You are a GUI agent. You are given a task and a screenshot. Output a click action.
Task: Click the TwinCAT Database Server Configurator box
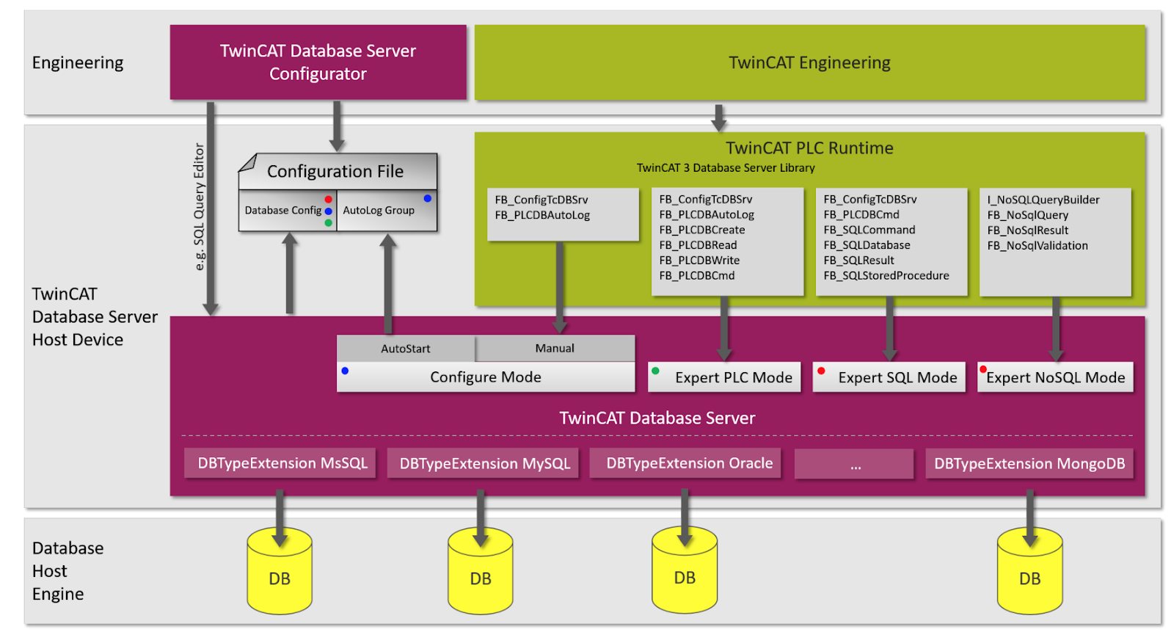[x=318, y=62]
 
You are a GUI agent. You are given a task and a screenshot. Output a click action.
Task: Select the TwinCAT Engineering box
[x=810, y=62]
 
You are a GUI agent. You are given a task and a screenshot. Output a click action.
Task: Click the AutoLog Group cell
[x=387, y=211]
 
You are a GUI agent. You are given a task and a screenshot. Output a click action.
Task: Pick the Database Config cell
[x=287, y=211]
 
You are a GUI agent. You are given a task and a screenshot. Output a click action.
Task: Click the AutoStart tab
[x=406, y=348]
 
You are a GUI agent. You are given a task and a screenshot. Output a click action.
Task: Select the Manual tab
[x=555, y=348]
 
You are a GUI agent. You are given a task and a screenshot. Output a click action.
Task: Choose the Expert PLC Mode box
[x=724, y=377]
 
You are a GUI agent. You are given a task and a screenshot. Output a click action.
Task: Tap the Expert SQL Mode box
[x=889, y=377]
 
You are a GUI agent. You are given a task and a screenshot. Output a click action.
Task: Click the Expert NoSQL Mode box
[x=1055, y=377]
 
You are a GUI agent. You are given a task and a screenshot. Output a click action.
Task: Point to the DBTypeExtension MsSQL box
[x=280, y=463]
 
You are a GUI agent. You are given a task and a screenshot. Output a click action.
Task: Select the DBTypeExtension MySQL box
[x=483, y=463]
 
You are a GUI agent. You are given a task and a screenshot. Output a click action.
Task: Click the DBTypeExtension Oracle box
[x=685, y=463]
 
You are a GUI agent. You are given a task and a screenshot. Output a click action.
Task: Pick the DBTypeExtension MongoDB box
[x=1029, y=463]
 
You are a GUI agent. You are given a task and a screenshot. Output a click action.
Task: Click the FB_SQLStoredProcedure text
[x=886, y=276]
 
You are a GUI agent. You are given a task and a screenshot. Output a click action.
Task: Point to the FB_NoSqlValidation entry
[x=1038, y=245]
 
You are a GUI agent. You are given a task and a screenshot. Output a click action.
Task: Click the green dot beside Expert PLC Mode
[x=655, y=371]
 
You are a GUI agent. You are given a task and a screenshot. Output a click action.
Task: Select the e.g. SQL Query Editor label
[x=199, y=207]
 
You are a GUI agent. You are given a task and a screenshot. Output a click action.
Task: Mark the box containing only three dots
[x=854, y=464]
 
